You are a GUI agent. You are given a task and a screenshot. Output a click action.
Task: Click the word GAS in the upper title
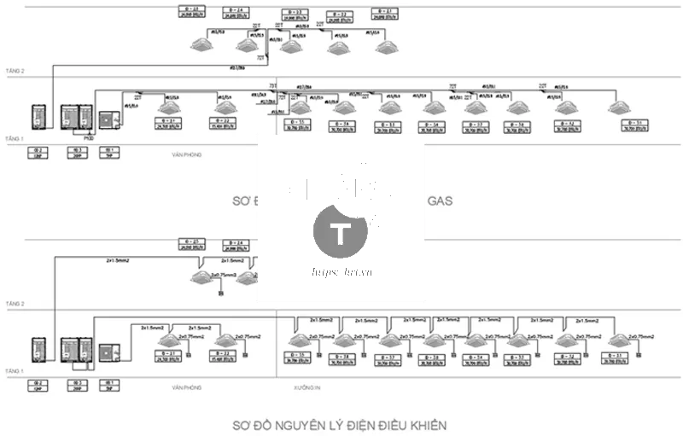click(439, 201)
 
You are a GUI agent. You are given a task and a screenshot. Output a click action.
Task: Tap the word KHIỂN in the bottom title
click(427, 424)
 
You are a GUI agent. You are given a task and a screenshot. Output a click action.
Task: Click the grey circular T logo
click(341, 230)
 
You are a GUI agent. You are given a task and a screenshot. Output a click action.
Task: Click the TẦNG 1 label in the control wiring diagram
click(16, 369)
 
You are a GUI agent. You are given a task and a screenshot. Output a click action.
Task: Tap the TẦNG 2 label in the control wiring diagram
click(16, 304)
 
